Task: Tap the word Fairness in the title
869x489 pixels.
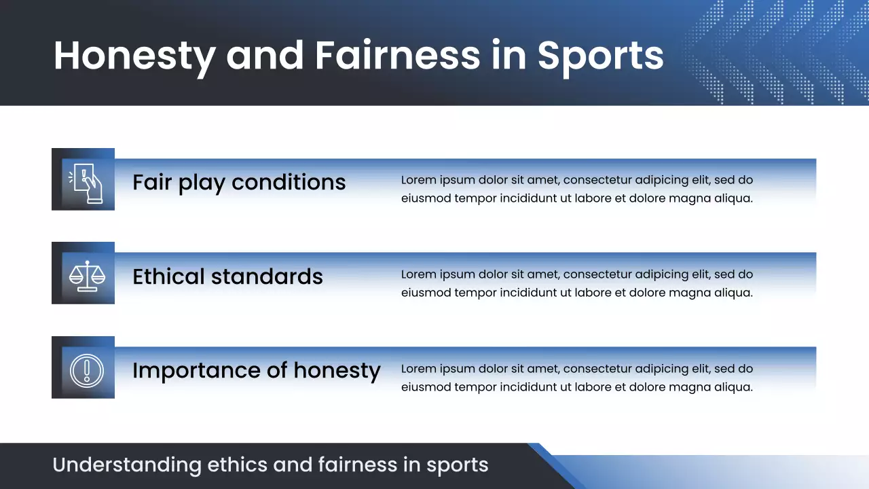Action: (398, 56)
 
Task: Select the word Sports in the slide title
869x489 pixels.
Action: (600, 56)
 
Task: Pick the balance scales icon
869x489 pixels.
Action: (88, 276)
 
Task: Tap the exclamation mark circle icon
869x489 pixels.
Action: (86, 370)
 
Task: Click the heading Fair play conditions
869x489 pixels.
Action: (239, 182)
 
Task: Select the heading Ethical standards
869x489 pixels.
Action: (227, 276)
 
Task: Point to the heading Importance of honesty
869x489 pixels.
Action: (256, 370)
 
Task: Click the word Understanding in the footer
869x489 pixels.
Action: (127, 465)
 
